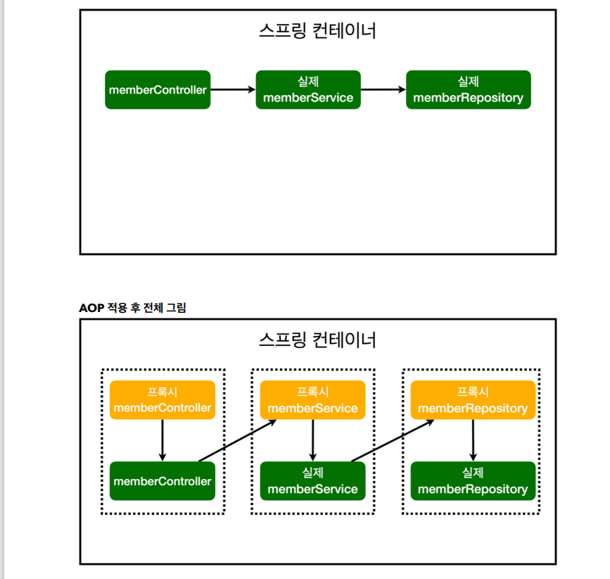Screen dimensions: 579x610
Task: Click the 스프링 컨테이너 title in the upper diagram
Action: [317, 31]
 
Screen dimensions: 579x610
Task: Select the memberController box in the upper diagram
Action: [158, 89]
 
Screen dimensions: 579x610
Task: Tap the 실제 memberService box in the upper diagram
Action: [308, 89]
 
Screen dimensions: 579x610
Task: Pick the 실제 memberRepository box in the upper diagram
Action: [468, 89]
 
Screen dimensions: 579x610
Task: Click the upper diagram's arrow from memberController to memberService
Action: [233, 89]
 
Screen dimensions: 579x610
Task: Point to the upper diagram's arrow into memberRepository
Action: [383, 89]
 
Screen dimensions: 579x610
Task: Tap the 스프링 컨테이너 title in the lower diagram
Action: [317, 340]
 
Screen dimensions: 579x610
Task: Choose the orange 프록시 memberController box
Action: [163, 400]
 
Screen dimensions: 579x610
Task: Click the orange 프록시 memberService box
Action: [312, 400]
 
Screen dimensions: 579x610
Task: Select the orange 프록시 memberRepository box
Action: [472, 400]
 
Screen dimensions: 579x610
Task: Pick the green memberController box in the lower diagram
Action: [163, 481]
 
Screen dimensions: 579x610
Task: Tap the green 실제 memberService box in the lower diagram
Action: [312, 481]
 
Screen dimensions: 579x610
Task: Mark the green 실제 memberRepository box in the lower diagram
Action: [472, 481]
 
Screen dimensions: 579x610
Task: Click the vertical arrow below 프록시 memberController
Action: [163, 440]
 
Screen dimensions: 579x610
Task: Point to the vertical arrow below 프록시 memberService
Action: [312, 440]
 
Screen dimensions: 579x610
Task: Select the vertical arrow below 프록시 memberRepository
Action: [472, 440]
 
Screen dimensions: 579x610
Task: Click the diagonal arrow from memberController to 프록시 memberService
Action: [237, 441]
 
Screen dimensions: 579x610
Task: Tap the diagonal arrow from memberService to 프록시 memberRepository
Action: [392, 441]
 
